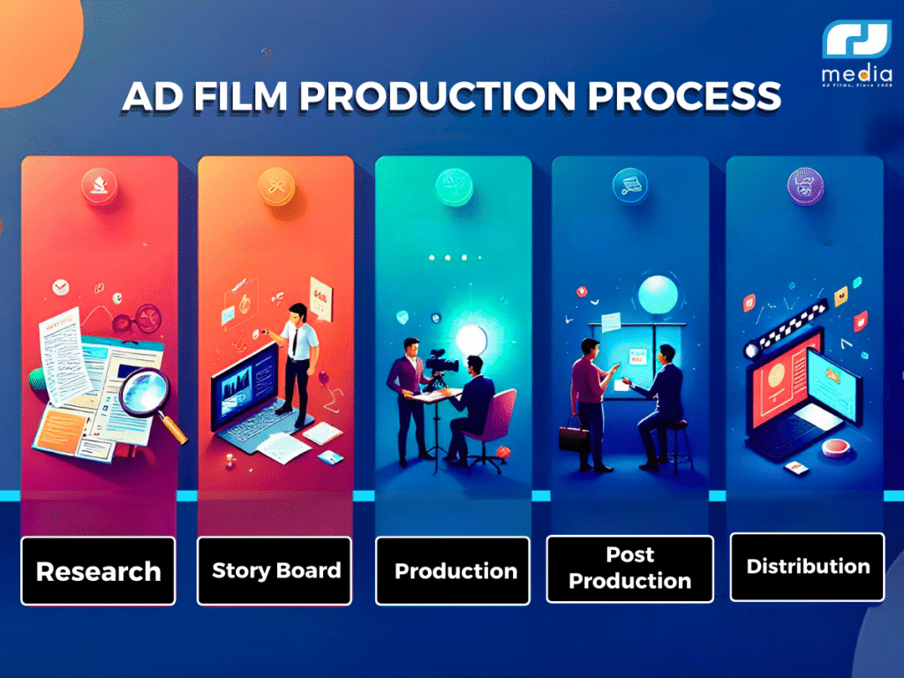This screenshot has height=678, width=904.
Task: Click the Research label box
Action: pos(98,571)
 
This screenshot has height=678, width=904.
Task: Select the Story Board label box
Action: pos(275,570)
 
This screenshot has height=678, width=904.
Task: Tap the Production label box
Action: pos(454,570)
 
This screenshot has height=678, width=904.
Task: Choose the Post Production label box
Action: pos(629,569)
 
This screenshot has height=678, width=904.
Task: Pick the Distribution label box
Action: pos(807,567)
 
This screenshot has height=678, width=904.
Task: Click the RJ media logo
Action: pos(855,53)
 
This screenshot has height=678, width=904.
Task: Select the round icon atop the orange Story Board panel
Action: pos(273,185)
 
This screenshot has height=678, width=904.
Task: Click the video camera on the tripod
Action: pos(439,363)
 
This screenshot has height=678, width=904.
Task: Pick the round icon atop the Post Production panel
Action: pos(628,185)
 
